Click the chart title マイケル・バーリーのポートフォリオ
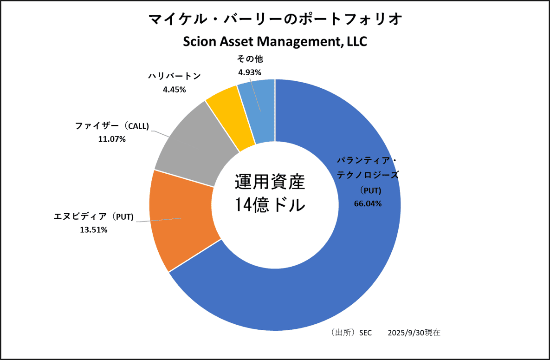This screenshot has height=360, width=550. pos(275,20)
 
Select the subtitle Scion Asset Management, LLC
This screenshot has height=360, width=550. pos(275,41)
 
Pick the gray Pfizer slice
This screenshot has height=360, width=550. pos(195,149)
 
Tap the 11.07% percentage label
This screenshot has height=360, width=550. pos(112,138)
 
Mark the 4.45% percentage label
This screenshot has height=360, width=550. pos(174,90)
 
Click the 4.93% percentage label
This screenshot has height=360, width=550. pos(250,72)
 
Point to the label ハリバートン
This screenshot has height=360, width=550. pos(174,77)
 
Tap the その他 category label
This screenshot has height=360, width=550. pos(250,59)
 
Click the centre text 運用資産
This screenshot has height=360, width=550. pos(269,182)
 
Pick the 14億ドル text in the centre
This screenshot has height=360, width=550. pos(269,204)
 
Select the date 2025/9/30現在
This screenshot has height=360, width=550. pos(414,333)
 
